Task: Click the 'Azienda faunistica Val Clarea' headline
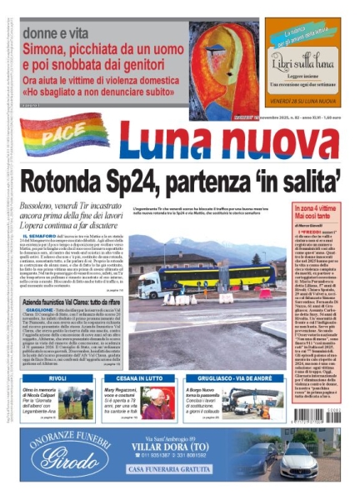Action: (x=83, y=321)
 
